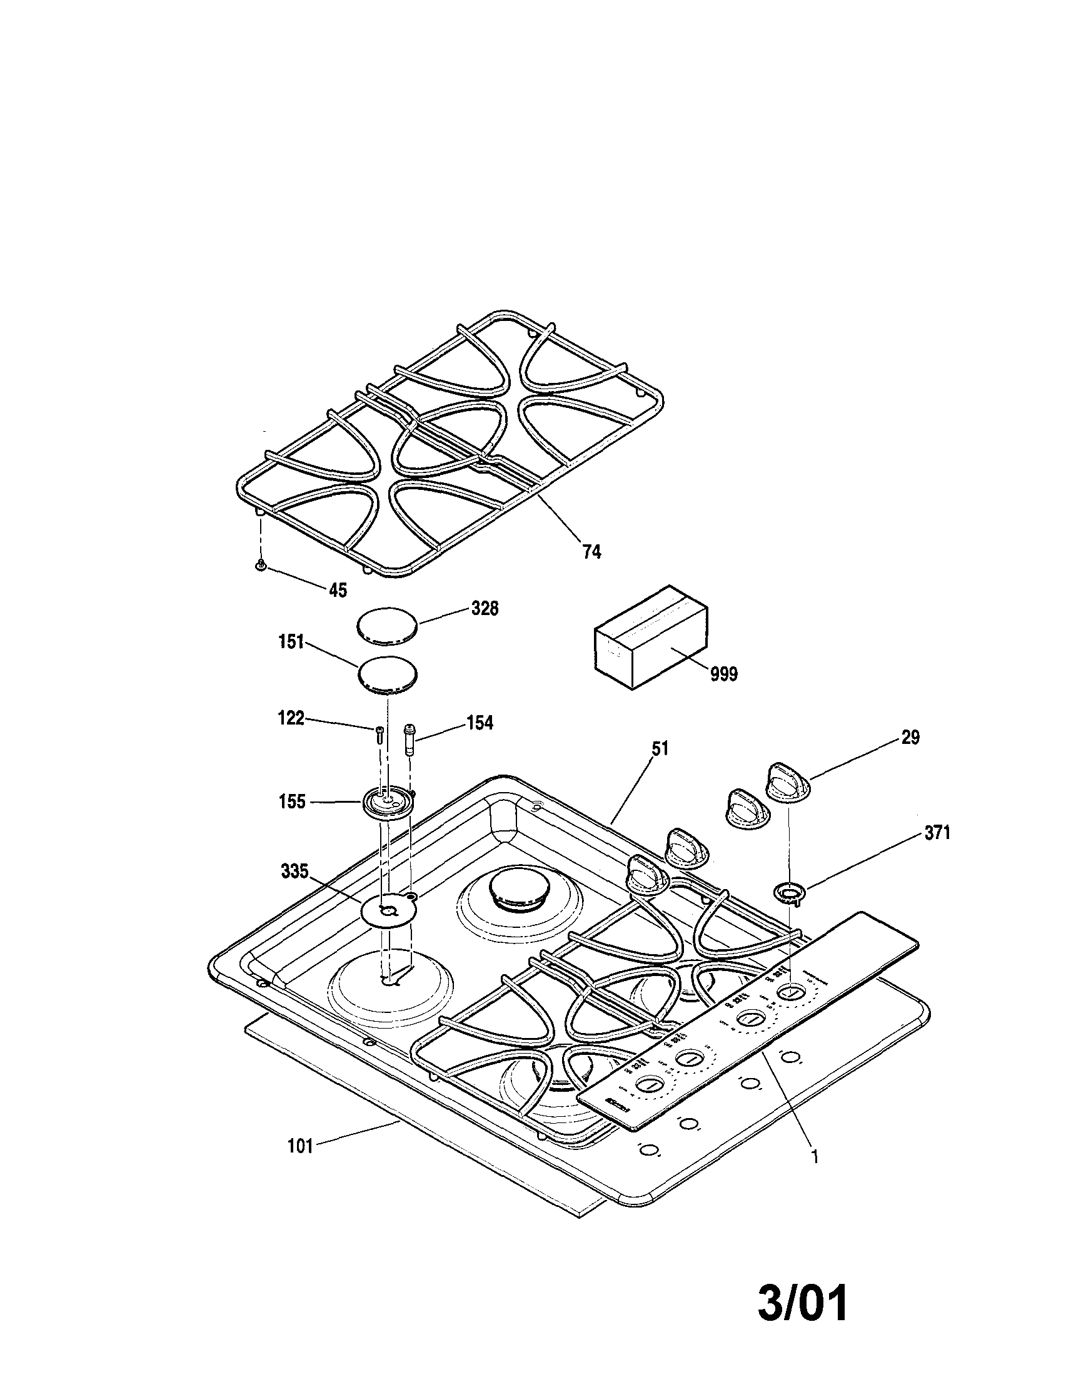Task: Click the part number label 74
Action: [591, 551]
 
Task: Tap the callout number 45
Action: [338, 591]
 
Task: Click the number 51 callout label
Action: [660, 748]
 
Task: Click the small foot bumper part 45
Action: [261, 566]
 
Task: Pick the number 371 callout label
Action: [937, 833]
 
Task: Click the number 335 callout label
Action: [294, 872]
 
